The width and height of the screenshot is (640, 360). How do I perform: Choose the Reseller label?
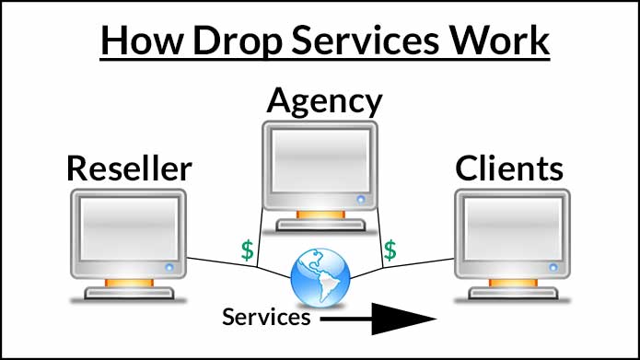point(129,168)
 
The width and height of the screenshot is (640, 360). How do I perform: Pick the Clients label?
point(509,168)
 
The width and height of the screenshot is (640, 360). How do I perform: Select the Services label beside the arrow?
point(266,318)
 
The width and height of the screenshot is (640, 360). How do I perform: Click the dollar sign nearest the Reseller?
point(246,249)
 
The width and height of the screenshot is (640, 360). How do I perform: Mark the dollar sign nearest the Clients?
point(390,249)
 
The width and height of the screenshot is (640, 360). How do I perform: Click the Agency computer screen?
point(319,158)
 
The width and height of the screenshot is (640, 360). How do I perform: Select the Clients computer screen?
point(509,231)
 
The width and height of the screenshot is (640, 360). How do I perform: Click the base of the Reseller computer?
point(128,294)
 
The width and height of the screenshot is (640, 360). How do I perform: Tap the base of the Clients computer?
point(509,294)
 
